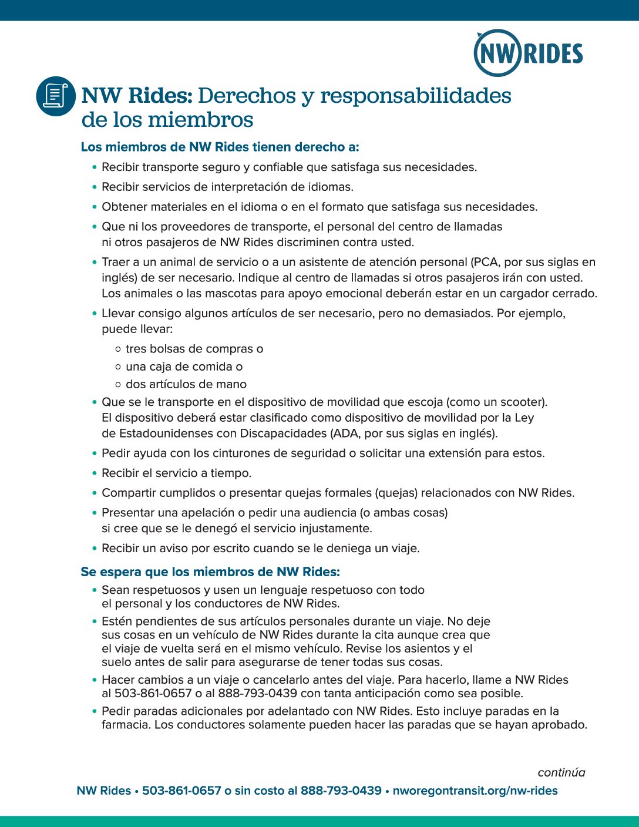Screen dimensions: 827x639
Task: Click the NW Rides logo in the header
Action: point(528,53)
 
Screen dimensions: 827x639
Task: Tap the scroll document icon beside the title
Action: point(56,96)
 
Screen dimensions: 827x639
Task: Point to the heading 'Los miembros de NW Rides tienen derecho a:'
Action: point(220,147)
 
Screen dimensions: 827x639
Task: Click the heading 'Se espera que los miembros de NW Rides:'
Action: point(210,571)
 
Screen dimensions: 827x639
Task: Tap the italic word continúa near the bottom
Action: point(561,772)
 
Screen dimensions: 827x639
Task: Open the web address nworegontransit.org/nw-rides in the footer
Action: point(475,791)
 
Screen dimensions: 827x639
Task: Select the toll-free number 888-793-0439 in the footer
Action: point(341,791)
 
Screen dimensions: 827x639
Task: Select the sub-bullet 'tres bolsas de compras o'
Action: point(194,349)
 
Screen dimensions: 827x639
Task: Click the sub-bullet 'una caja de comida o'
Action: point(184,367)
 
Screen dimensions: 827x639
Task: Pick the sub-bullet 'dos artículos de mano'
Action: point(186,384)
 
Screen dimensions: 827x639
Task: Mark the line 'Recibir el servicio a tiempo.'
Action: point(176,473)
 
